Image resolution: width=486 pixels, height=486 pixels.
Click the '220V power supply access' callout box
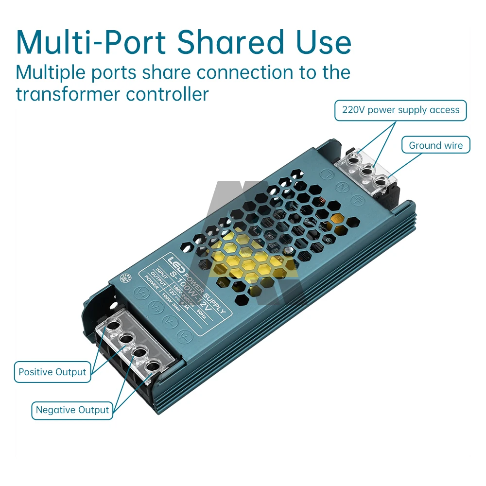pyautogui.click(x=400, y=110)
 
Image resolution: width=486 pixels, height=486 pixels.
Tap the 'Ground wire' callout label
pyautogui.click(x=435, y=145)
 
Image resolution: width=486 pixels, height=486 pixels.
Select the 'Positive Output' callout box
pyautogui.click(x=52, y=372)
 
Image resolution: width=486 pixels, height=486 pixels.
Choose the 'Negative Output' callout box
pyautogui.click(x=72, y=410)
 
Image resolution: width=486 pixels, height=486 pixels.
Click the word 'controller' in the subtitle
pyautogui.click(x=167, y=93)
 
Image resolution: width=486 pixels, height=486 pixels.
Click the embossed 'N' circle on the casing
pyautogui.click(x=342, y=187)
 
